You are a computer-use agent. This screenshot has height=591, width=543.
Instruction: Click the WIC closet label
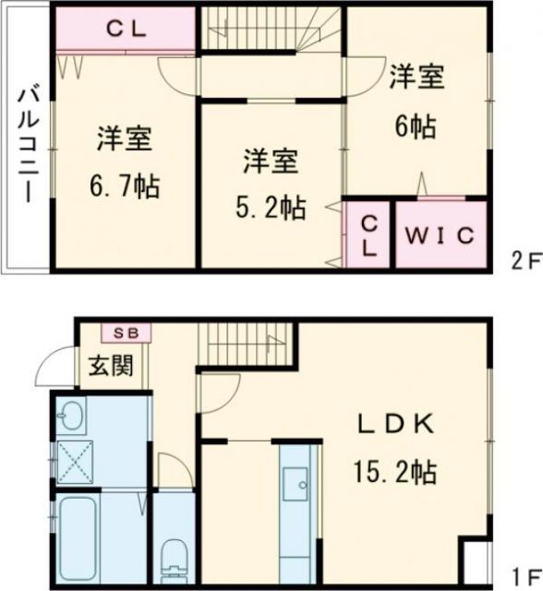pyautogui.click(x=440, y=235)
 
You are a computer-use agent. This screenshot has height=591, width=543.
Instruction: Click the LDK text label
pyautogui.click(x=396, y=426)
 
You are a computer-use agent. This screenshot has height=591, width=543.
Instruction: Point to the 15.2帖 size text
pyautogui.click(x=392, y=473)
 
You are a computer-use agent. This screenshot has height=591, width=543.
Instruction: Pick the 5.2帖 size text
pyautogui.click(x=269, y=208)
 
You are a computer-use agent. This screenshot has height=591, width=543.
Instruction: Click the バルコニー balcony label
pyautogui.click(x=27, y=143)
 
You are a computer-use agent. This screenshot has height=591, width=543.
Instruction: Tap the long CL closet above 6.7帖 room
pyautogui.click(x=125, y=30)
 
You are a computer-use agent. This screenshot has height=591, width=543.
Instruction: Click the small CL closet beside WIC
pyautogui.click(x=368, y=237)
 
